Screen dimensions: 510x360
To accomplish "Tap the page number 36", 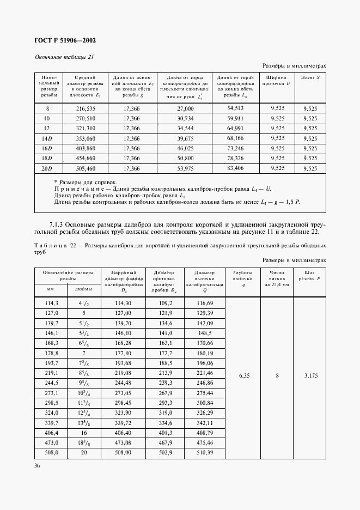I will coord(37,465).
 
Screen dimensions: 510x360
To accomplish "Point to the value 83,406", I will coord(235,168).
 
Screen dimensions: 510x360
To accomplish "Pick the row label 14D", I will coord(46,139).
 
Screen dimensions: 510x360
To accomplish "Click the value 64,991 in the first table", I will coord(235,129).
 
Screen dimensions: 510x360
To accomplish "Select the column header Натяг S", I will coord(310,78).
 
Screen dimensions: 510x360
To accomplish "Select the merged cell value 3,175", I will coord(309,375).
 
